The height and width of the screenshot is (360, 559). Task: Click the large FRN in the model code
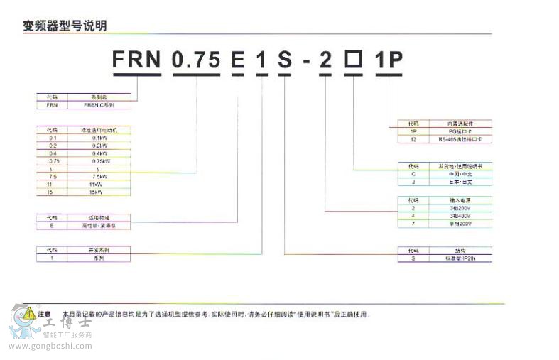136,60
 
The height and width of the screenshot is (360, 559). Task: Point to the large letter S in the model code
284,60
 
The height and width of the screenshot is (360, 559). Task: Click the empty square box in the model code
353,60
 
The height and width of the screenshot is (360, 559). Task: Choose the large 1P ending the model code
389,60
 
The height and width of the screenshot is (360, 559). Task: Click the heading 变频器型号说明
65,26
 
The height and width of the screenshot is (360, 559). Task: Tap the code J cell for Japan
413,182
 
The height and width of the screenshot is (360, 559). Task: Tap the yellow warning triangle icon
28,312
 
